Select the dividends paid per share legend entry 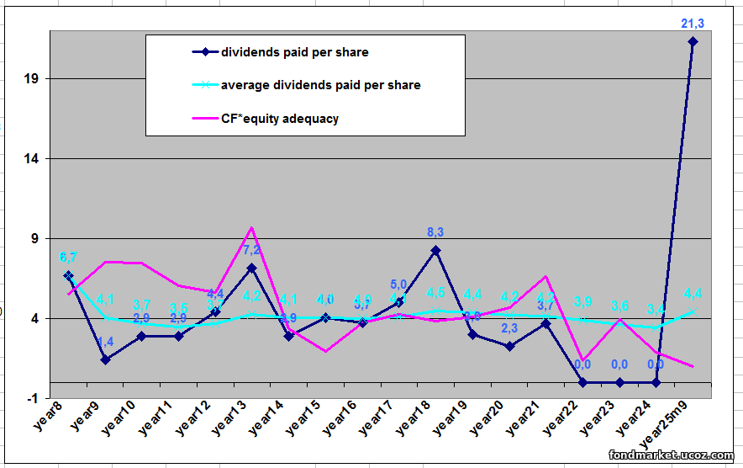[x=294, y=52]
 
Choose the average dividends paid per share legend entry [x=320, y=85]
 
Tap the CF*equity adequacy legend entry [x=279, y=119]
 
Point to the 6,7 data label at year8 [x=69, y=258]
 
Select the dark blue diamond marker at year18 [x=435, y=250]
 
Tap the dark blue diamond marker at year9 [x=105, y=359]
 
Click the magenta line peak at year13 [x=251, y=227]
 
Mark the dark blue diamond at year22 [x=582, y=382]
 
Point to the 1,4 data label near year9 [x=105, y=342]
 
